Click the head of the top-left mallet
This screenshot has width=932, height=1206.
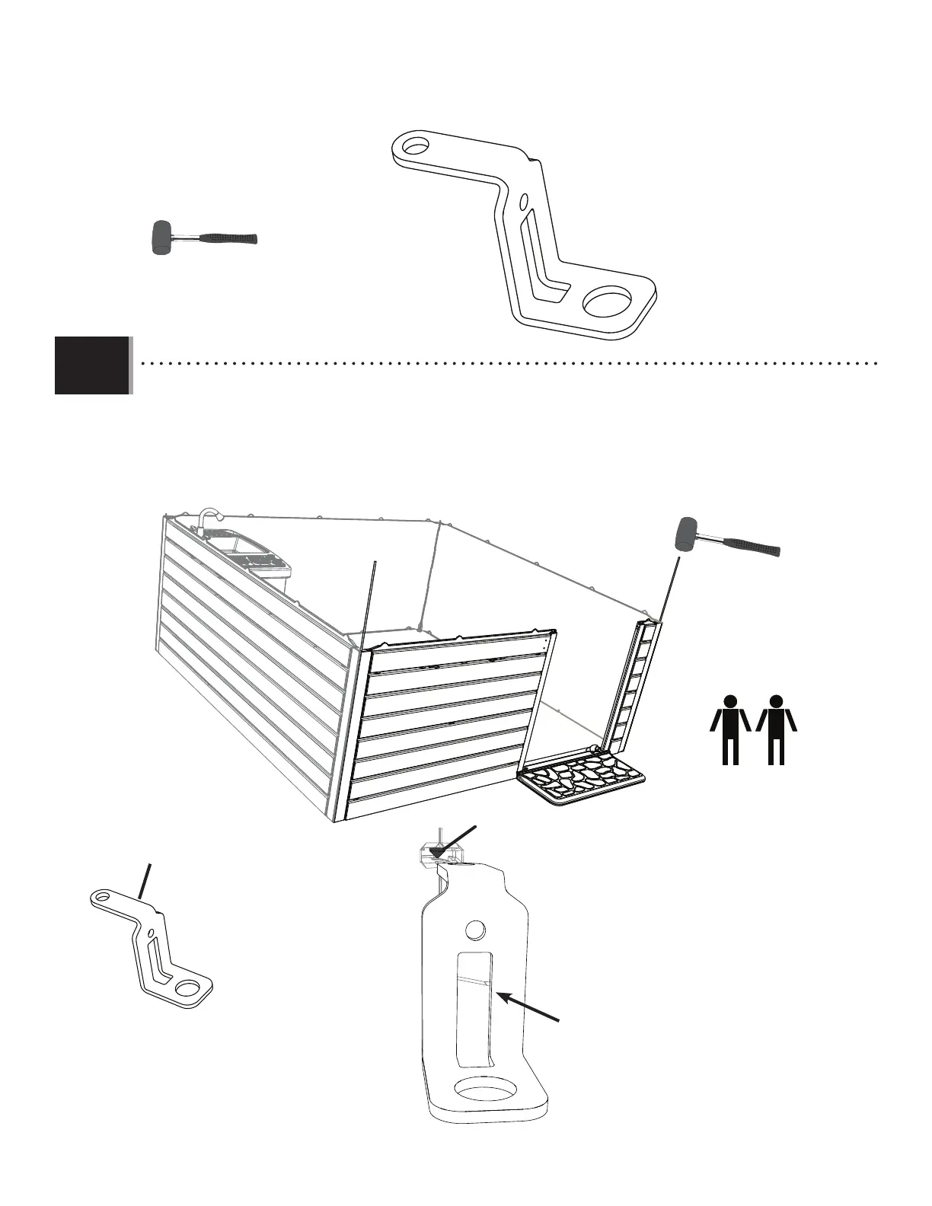(160, 238)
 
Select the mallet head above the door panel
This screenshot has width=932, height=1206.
(688, 534)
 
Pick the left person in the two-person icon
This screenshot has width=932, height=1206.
(731, 729)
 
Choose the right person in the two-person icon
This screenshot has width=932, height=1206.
(776, 729)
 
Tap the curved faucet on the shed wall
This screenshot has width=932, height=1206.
(207, 517)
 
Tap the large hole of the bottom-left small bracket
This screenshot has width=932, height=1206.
(186, 989)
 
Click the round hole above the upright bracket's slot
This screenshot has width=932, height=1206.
(474, 930)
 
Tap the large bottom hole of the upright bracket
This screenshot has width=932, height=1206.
(484, 1092)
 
